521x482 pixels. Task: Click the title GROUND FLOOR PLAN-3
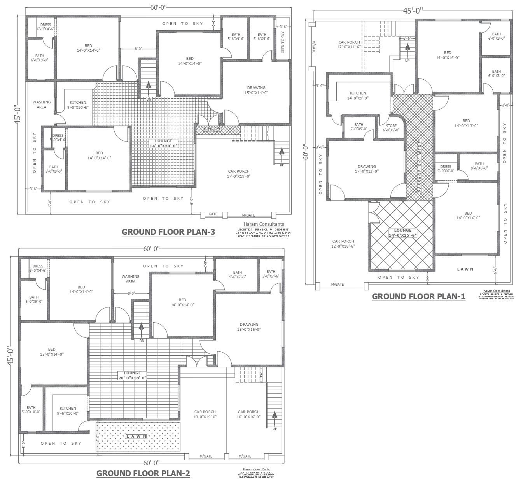click(x=168, y=232)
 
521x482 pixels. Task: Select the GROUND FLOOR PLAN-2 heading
click(x=143, y=473)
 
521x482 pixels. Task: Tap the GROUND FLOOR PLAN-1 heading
click(x=418, y=297)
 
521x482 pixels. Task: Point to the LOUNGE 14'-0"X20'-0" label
click(x=163, y=143)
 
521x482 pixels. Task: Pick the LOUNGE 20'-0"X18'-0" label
click(x=132, y=375)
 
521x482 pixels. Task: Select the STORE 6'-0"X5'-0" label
click(x=391, y=128)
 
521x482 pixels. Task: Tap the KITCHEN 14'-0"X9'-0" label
click(x=358, y=96)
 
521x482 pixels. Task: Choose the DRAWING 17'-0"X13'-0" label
click(x=367, y=169)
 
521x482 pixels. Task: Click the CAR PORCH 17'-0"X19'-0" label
click(x=239, y=173)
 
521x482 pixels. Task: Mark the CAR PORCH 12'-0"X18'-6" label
click(x=343, y=243)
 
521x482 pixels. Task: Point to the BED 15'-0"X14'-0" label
click(x=52, y=351)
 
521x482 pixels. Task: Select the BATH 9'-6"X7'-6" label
click(x=237, y=274)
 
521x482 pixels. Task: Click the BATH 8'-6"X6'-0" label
click(x=479, y=166)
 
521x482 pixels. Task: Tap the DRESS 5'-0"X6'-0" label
click(x=446, y=169)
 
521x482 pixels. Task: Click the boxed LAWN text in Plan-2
click(x=136, y=436)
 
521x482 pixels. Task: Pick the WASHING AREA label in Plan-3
click(x=42, y=105)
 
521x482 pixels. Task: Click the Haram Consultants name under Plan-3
click(x=264, y=224)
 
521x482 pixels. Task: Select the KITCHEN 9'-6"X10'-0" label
click(x=68, y=411)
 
